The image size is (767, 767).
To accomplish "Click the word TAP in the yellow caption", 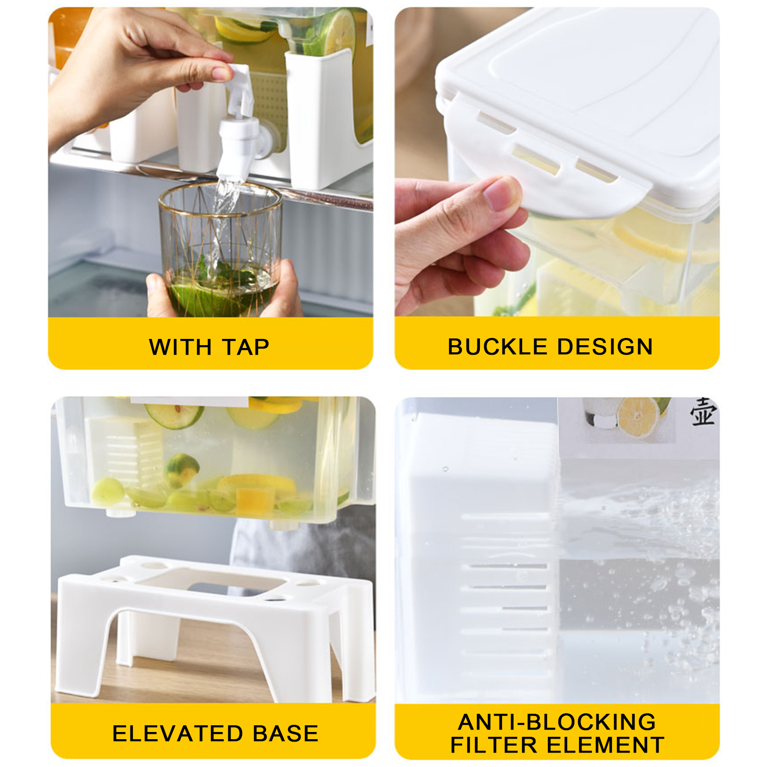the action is click(246, 347).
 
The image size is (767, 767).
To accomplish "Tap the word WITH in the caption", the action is click(180, 347).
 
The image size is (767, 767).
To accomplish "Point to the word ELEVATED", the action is click(177, 733).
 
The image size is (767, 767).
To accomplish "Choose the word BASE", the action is click(286, 733).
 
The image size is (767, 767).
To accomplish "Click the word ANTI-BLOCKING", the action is click(557, 721).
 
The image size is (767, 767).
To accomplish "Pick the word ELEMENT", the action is click(605, 745).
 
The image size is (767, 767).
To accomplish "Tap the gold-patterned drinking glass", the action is click(221, 249).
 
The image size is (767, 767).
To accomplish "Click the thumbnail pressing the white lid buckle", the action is click(501, 193).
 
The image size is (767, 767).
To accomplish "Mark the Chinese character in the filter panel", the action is click(703, 412).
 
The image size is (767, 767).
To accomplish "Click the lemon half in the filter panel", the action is click(639, 417).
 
